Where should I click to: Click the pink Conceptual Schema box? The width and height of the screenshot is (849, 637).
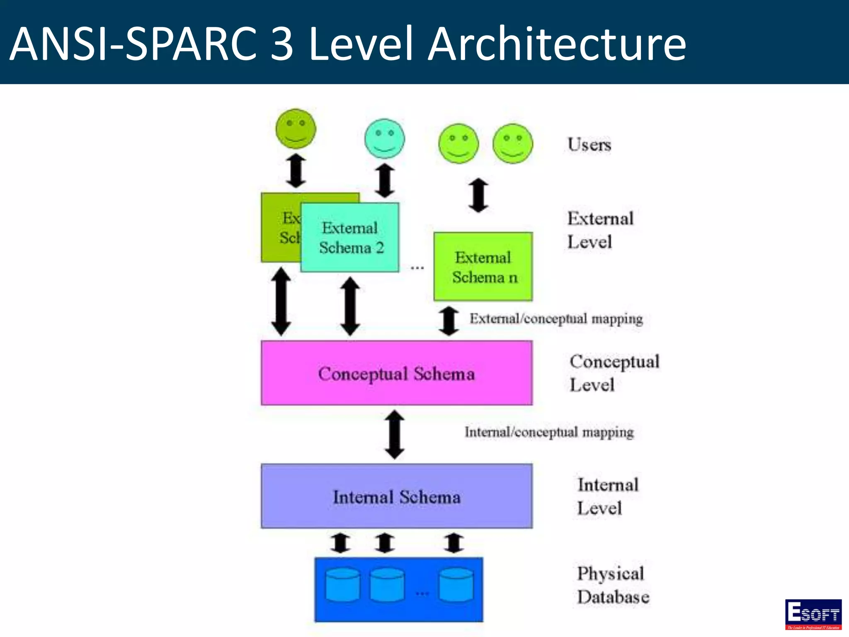tap(396, 373)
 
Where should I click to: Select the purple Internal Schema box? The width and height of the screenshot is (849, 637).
tap(396, 496)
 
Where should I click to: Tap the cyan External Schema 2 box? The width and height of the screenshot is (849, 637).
tap(350, 238)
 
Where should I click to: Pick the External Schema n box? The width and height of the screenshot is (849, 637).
tap(483, 267)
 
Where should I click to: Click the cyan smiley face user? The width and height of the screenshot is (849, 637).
tap(384, 139)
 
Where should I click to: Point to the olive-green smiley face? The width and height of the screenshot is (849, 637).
tap(296, 129)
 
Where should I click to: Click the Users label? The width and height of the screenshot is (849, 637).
tap(589, 145)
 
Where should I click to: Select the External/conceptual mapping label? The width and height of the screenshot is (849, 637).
tap(556, 318)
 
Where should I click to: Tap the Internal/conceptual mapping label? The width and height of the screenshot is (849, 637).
tap(549, 432)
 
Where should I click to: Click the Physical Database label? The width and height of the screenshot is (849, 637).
tap(613, 585)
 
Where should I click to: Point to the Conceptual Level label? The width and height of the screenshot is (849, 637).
tap(614, 373)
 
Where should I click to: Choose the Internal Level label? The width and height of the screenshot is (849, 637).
tap(608, 496)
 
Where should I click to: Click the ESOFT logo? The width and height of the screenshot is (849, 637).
tap(813, 614)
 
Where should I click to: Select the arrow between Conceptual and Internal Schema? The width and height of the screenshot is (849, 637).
tap(395, 435)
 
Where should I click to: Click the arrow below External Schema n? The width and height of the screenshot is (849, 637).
tap(449, 321)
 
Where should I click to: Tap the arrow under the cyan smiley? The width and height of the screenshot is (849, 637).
tap(385, 180)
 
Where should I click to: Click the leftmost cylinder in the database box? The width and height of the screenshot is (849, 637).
tap(342, 585)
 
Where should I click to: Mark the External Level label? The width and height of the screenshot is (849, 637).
tap(600, 230)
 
